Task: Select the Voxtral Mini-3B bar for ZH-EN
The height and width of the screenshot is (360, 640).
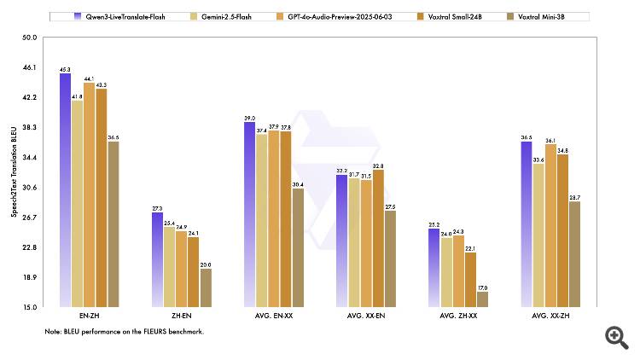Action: tap(206, 287)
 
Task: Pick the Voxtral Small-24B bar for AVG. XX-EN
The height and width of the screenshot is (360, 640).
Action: tap(378, 238)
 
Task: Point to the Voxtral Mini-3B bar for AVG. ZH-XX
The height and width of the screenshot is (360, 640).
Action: tap(483, 299)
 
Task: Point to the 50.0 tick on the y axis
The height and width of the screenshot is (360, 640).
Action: tap(30, 38)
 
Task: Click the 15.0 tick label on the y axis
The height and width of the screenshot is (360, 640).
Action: tap(30, 307)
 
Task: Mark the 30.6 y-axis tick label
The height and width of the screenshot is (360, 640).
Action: tap(30, 188)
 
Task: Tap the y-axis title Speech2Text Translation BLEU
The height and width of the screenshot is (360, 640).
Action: tap(13, 171)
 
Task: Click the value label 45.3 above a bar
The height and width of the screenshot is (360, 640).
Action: tap(65, 68)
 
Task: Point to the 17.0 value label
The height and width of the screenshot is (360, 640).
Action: tap(483, 287)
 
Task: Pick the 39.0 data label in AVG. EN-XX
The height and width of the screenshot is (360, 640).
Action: tap(249, 118)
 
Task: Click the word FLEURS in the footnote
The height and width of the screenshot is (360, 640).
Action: tap(159, 331)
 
